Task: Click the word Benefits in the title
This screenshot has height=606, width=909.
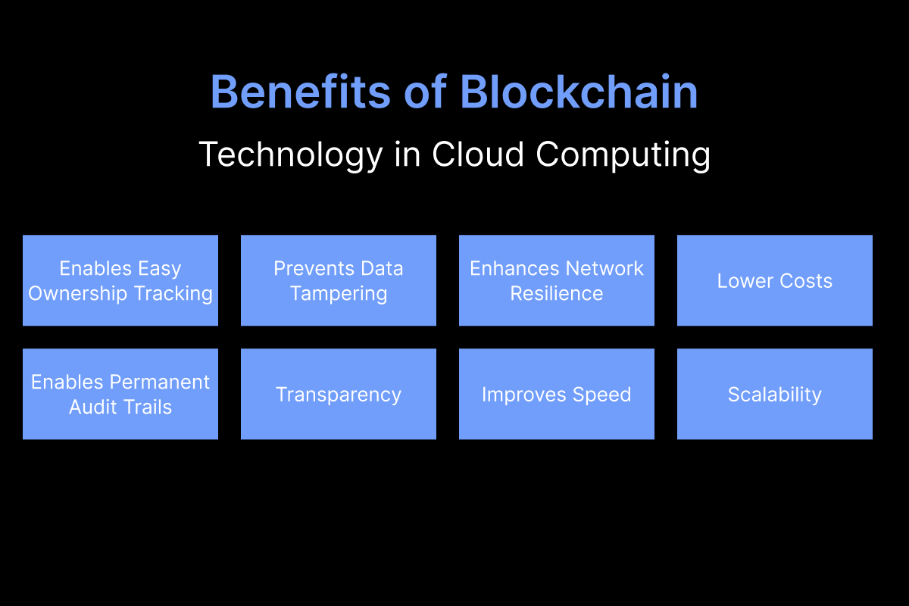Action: pyautogui.click(x=301, y=92)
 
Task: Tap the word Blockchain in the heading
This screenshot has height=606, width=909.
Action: pyautogui.click(x=579, y=92)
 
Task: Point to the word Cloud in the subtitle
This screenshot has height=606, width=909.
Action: pyautogui.click(x=478, y=155)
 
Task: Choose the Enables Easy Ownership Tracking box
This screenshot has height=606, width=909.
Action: pyautogui.click(x=120, y=280)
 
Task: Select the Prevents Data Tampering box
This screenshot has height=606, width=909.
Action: pyautogui.click(x=339, y=280)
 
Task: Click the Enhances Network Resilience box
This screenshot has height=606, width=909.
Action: pyautogui.click(x=557, y=280)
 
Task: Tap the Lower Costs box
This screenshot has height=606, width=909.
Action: pyautogui.click(x=775, y=280)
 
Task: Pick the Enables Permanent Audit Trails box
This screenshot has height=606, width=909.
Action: pyautogui.click(x=120, y=394)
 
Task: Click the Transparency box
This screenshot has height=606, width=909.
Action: pyautogui.click(x=339, y=394)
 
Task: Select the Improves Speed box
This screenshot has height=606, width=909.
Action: pyautogui.click(x=557, y=394)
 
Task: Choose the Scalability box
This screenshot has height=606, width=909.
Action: pyautogui.click(x=775, y=394)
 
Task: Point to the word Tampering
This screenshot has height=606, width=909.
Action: pyautogui.click(x=339, y=294)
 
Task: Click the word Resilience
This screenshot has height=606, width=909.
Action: pyautogui.click(x=557, y=293)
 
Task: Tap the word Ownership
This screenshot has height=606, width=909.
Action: pyautogui.click(x=78, y=293)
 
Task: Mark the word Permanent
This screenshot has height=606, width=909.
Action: pyautogui.click(x=160, y=382)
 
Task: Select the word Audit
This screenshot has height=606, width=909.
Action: pyautogui.click(x=93, y=407)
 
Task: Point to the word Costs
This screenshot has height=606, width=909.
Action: pyautogui.click(x=806, y=281)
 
